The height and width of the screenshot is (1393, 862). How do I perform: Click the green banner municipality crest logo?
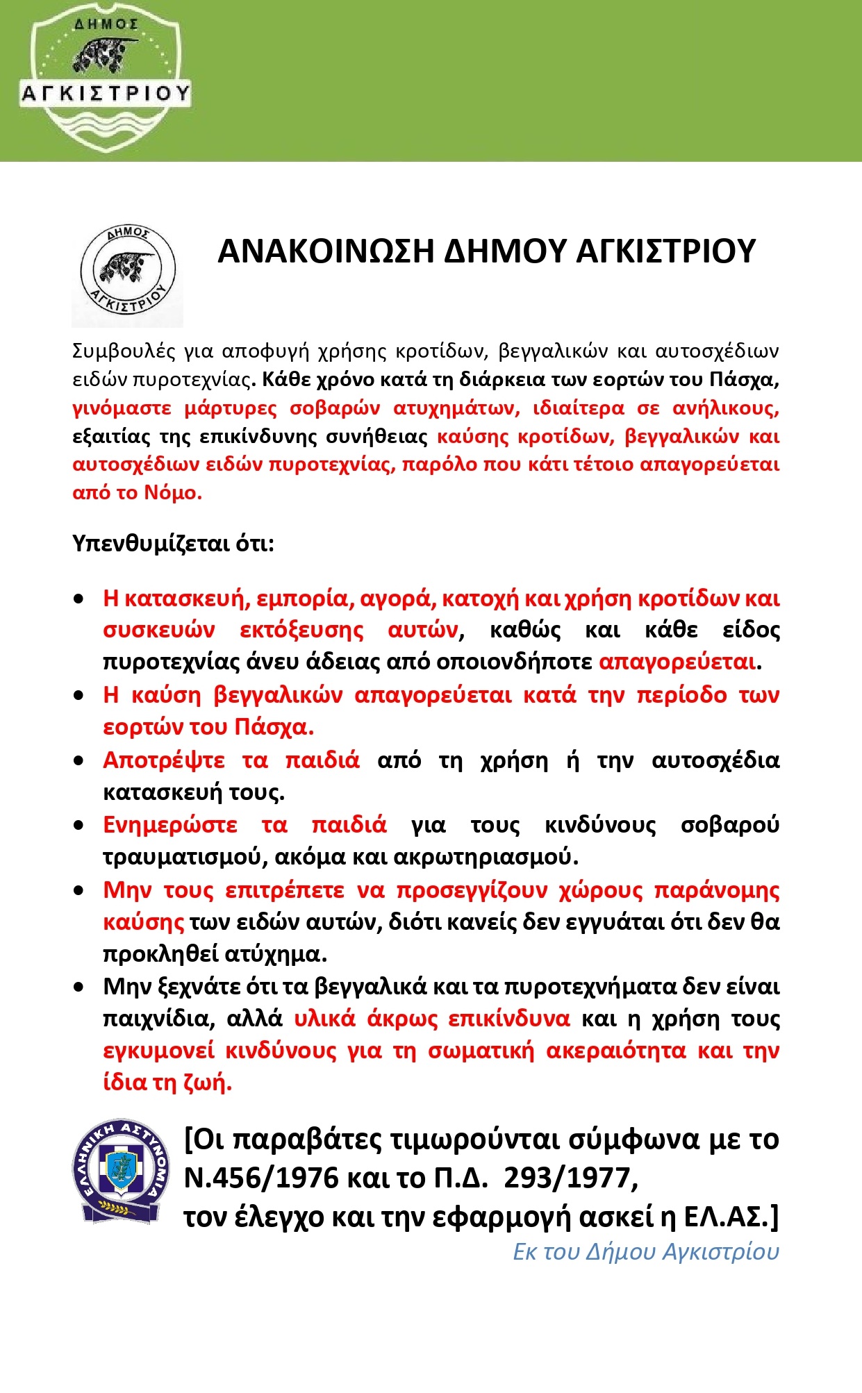click(104, 78)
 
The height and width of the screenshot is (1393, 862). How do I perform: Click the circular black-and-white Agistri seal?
click(127, 272)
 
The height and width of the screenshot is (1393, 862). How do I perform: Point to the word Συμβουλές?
click(122, 351)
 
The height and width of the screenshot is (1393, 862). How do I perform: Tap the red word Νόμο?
click(172, 493)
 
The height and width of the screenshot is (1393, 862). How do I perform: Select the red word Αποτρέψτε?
click(163, 760)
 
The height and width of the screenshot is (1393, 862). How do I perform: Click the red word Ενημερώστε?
click(170, 825)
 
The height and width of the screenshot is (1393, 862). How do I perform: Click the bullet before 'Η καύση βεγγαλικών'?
click(79, 696)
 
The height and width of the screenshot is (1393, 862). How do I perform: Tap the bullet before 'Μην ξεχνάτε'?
click(79, 987)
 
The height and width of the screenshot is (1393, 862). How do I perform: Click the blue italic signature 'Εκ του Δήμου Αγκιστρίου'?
click(645, 1251)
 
